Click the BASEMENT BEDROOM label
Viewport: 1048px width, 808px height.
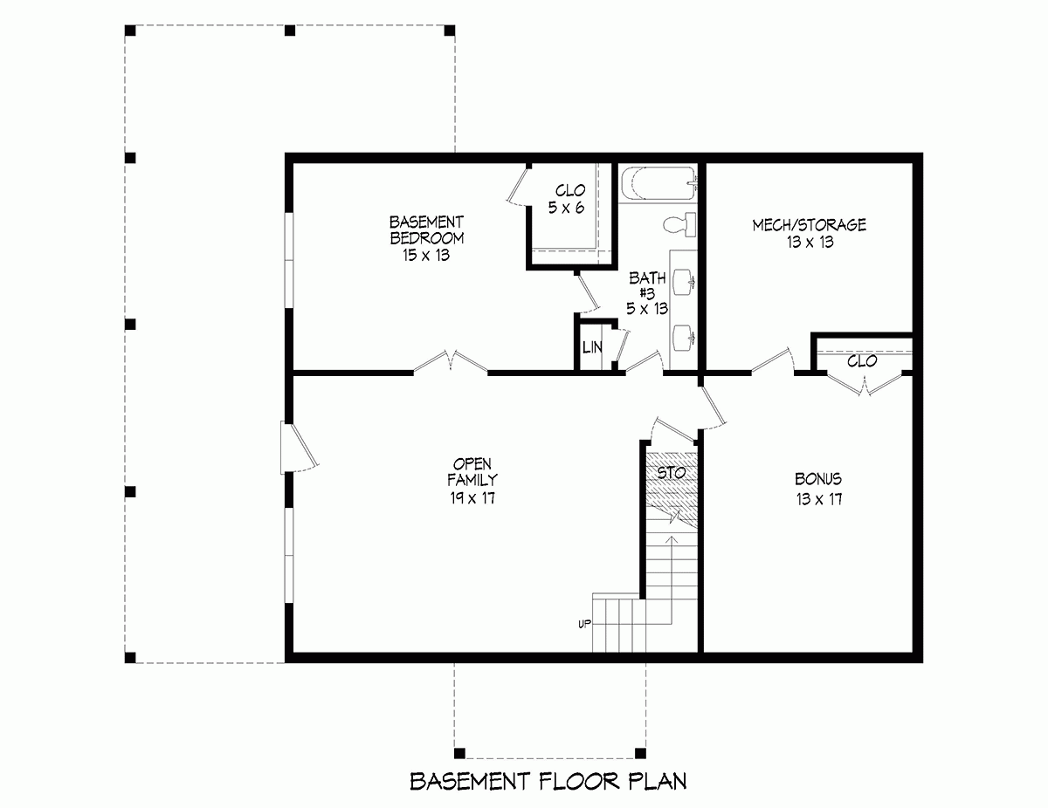[426, 229]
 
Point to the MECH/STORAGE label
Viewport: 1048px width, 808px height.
[809, 225]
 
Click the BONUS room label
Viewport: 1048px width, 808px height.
[818, 479]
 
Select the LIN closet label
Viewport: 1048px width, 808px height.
[592, 347]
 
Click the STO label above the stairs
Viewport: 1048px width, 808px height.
[672, 473]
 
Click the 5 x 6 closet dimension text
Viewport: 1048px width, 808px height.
[565, 207]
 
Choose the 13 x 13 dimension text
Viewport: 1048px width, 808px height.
[809, 242]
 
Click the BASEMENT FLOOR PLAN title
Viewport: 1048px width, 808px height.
[548, 780]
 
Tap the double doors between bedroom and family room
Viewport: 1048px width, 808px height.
[451, 363]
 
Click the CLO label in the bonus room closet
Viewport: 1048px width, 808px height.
[862, 361]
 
